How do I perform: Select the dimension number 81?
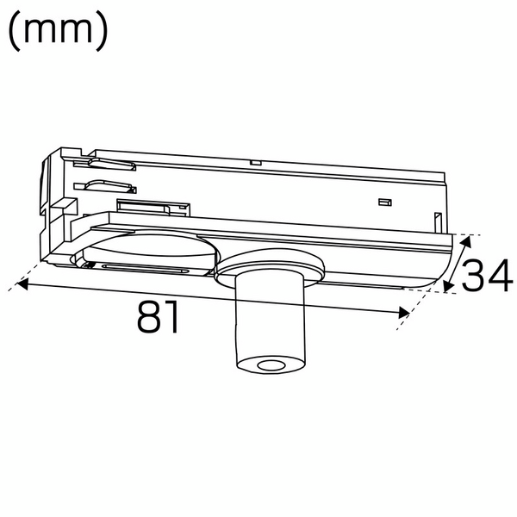159,318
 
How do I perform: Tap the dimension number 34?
487,275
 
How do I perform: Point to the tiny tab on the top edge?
254,161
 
